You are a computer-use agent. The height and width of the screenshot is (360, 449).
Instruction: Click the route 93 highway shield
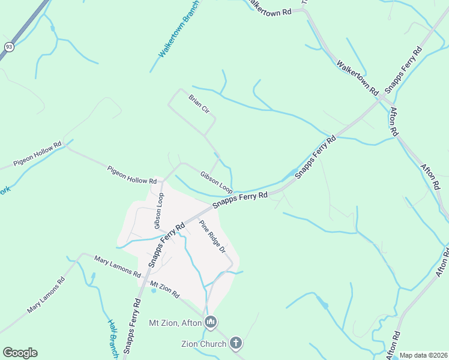9,47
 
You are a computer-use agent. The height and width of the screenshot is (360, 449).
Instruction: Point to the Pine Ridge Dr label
212,236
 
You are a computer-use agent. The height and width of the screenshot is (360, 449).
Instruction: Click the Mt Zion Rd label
165,290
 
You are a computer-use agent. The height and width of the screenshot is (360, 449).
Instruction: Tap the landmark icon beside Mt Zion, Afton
210,323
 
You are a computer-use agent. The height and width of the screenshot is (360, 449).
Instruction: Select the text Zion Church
204,344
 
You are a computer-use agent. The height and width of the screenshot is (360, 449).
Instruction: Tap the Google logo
20,353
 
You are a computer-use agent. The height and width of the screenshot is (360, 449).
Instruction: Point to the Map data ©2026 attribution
423,355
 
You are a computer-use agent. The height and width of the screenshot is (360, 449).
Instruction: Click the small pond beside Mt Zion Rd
154,290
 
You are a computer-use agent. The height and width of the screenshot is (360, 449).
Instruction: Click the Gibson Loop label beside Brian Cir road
216,182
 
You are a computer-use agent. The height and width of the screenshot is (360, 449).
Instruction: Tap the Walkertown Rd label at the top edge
268,8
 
